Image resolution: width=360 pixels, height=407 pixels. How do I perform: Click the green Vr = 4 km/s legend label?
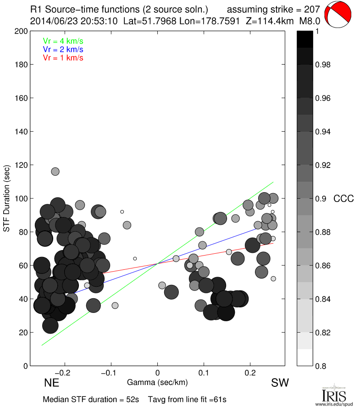(x=63, y=41)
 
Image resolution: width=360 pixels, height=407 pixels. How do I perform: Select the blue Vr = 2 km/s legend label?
(x=63, y=49)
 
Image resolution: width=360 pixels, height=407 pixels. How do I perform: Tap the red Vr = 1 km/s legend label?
(x=63, y=58)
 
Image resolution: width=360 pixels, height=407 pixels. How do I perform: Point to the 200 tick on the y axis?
(x=22, y=31)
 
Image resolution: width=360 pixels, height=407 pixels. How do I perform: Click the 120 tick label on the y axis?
(x=22, y=165)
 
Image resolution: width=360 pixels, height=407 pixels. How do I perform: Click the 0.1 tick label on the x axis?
(x=204, y=373)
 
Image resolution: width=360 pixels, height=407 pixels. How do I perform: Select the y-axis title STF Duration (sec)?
(x=7, y=198)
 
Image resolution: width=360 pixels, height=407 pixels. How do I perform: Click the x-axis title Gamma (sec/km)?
(x=157, y=382)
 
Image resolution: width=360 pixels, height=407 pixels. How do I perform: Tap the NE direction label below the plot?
(x=52, y=382)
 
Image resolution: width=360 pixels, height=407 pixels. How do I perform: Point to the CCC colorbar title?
(x=343, y=199)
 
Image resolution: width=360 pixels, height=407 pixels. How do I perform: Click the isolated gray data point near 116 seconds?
(x=55, y=171)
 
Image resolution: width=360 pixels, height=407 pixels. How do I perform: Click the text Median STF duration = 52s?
(x=91, y=399)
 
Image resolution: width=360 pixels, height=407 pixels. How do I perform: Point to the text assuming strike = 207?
(x=273, y=9)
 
